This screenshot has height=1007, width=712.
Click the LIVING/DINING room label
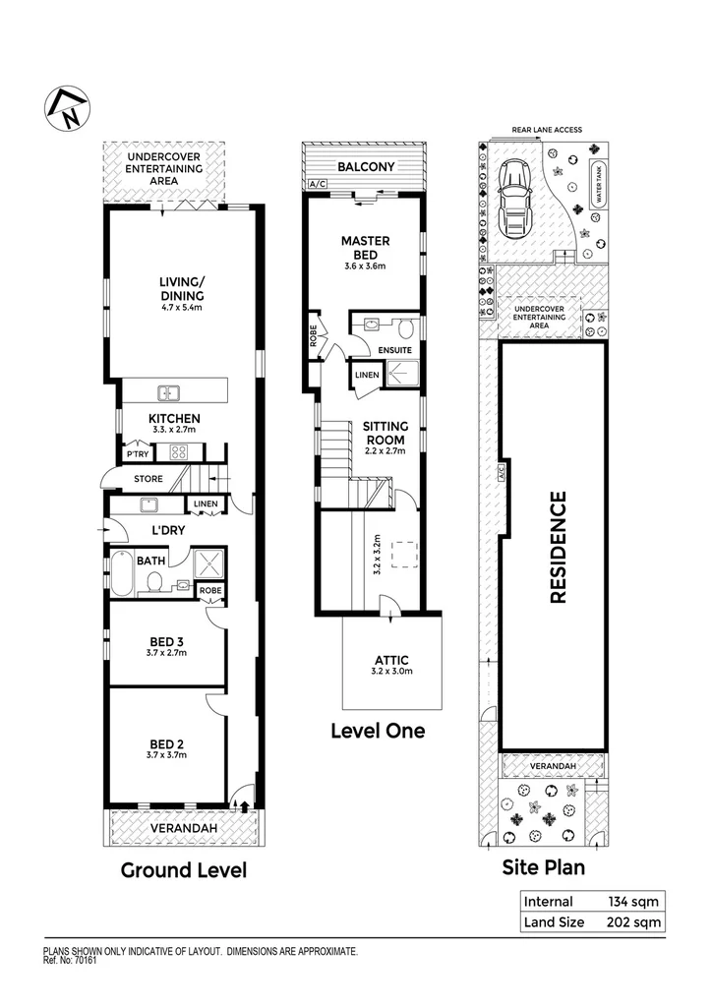pyautogui.click(x=182, y=289)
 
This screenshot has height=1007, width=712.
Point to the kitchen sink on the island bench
pyautogui.click(x=170, y=393)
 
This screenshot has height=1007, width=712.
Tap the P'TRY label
pyautogui.click(x=137, y=454)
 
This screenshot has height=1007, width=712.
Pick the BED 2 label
pyautogui.click(x=166, y=742)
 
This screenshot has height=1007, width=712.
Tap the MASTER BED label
pyautogui.click(x=365, y=247)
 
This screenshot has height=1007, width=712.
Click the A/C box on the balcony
pyautogui.click(x=317, y=184)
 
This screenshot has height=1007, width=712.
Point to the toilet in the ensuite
pyautogui.click(x=405, y=326)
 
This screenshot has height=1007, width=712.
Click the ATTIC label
pyautogui.click(x=392, y=661)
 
